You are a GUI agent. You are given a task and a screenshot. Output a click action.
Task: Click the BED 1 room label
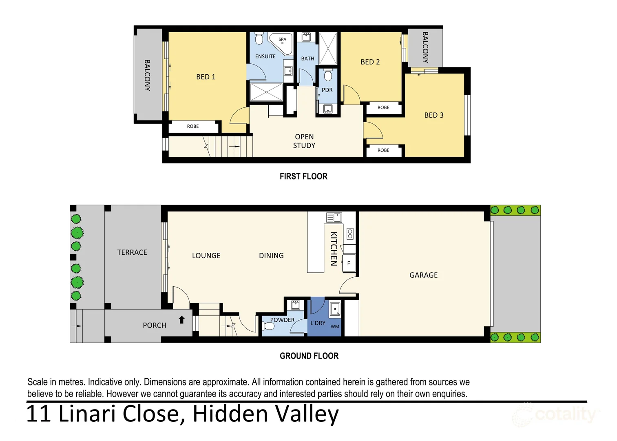coord(206,77)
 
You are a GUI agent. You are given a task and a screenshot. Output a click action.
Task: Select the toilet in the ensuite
coord(259,39)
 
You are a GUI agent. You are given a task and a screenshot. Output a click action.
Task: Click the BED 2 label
coord(370,62)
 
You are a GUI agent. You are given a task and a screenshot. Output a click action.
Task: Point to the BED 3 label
coord(433,115)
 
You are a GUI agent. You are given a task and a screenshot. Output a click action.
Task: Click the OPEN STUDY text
coord(304,141)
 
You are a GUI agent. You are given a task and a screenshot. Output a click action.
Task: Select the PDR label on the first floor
coord(327,90)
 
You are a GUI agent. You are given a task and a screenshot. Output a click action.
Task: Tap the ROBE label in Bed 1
coord(193,127)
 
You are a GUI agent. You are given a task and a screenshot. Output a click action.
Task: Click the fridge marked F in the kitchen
coord(349,263)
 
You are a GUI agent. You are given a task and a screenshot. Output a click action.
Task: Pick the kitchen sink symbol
coord(334,217)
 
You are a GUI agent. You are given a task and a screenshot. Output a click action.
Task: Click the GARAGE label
coord(423,275)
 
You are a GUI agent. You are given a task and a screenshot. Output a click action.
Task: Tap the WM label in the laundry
coord(335,327)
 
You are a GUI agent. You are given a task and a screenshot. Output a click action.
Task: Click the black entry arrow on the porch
coord(182,320)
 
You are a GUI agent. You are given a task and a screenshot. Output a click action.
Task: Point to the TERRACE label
coord(132,252)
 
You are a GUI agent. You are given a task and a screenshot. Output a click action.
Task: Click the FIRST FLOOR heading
coord(303,176)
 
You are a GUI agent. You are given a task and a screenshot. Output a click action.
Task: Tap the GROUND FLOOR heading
coord(309,356)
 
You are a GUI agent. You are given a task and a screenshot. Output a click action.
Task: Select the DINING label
coord(271,256)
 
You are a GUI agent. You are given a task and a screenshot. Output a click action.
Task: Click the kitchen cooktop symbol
coord(350,234)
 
